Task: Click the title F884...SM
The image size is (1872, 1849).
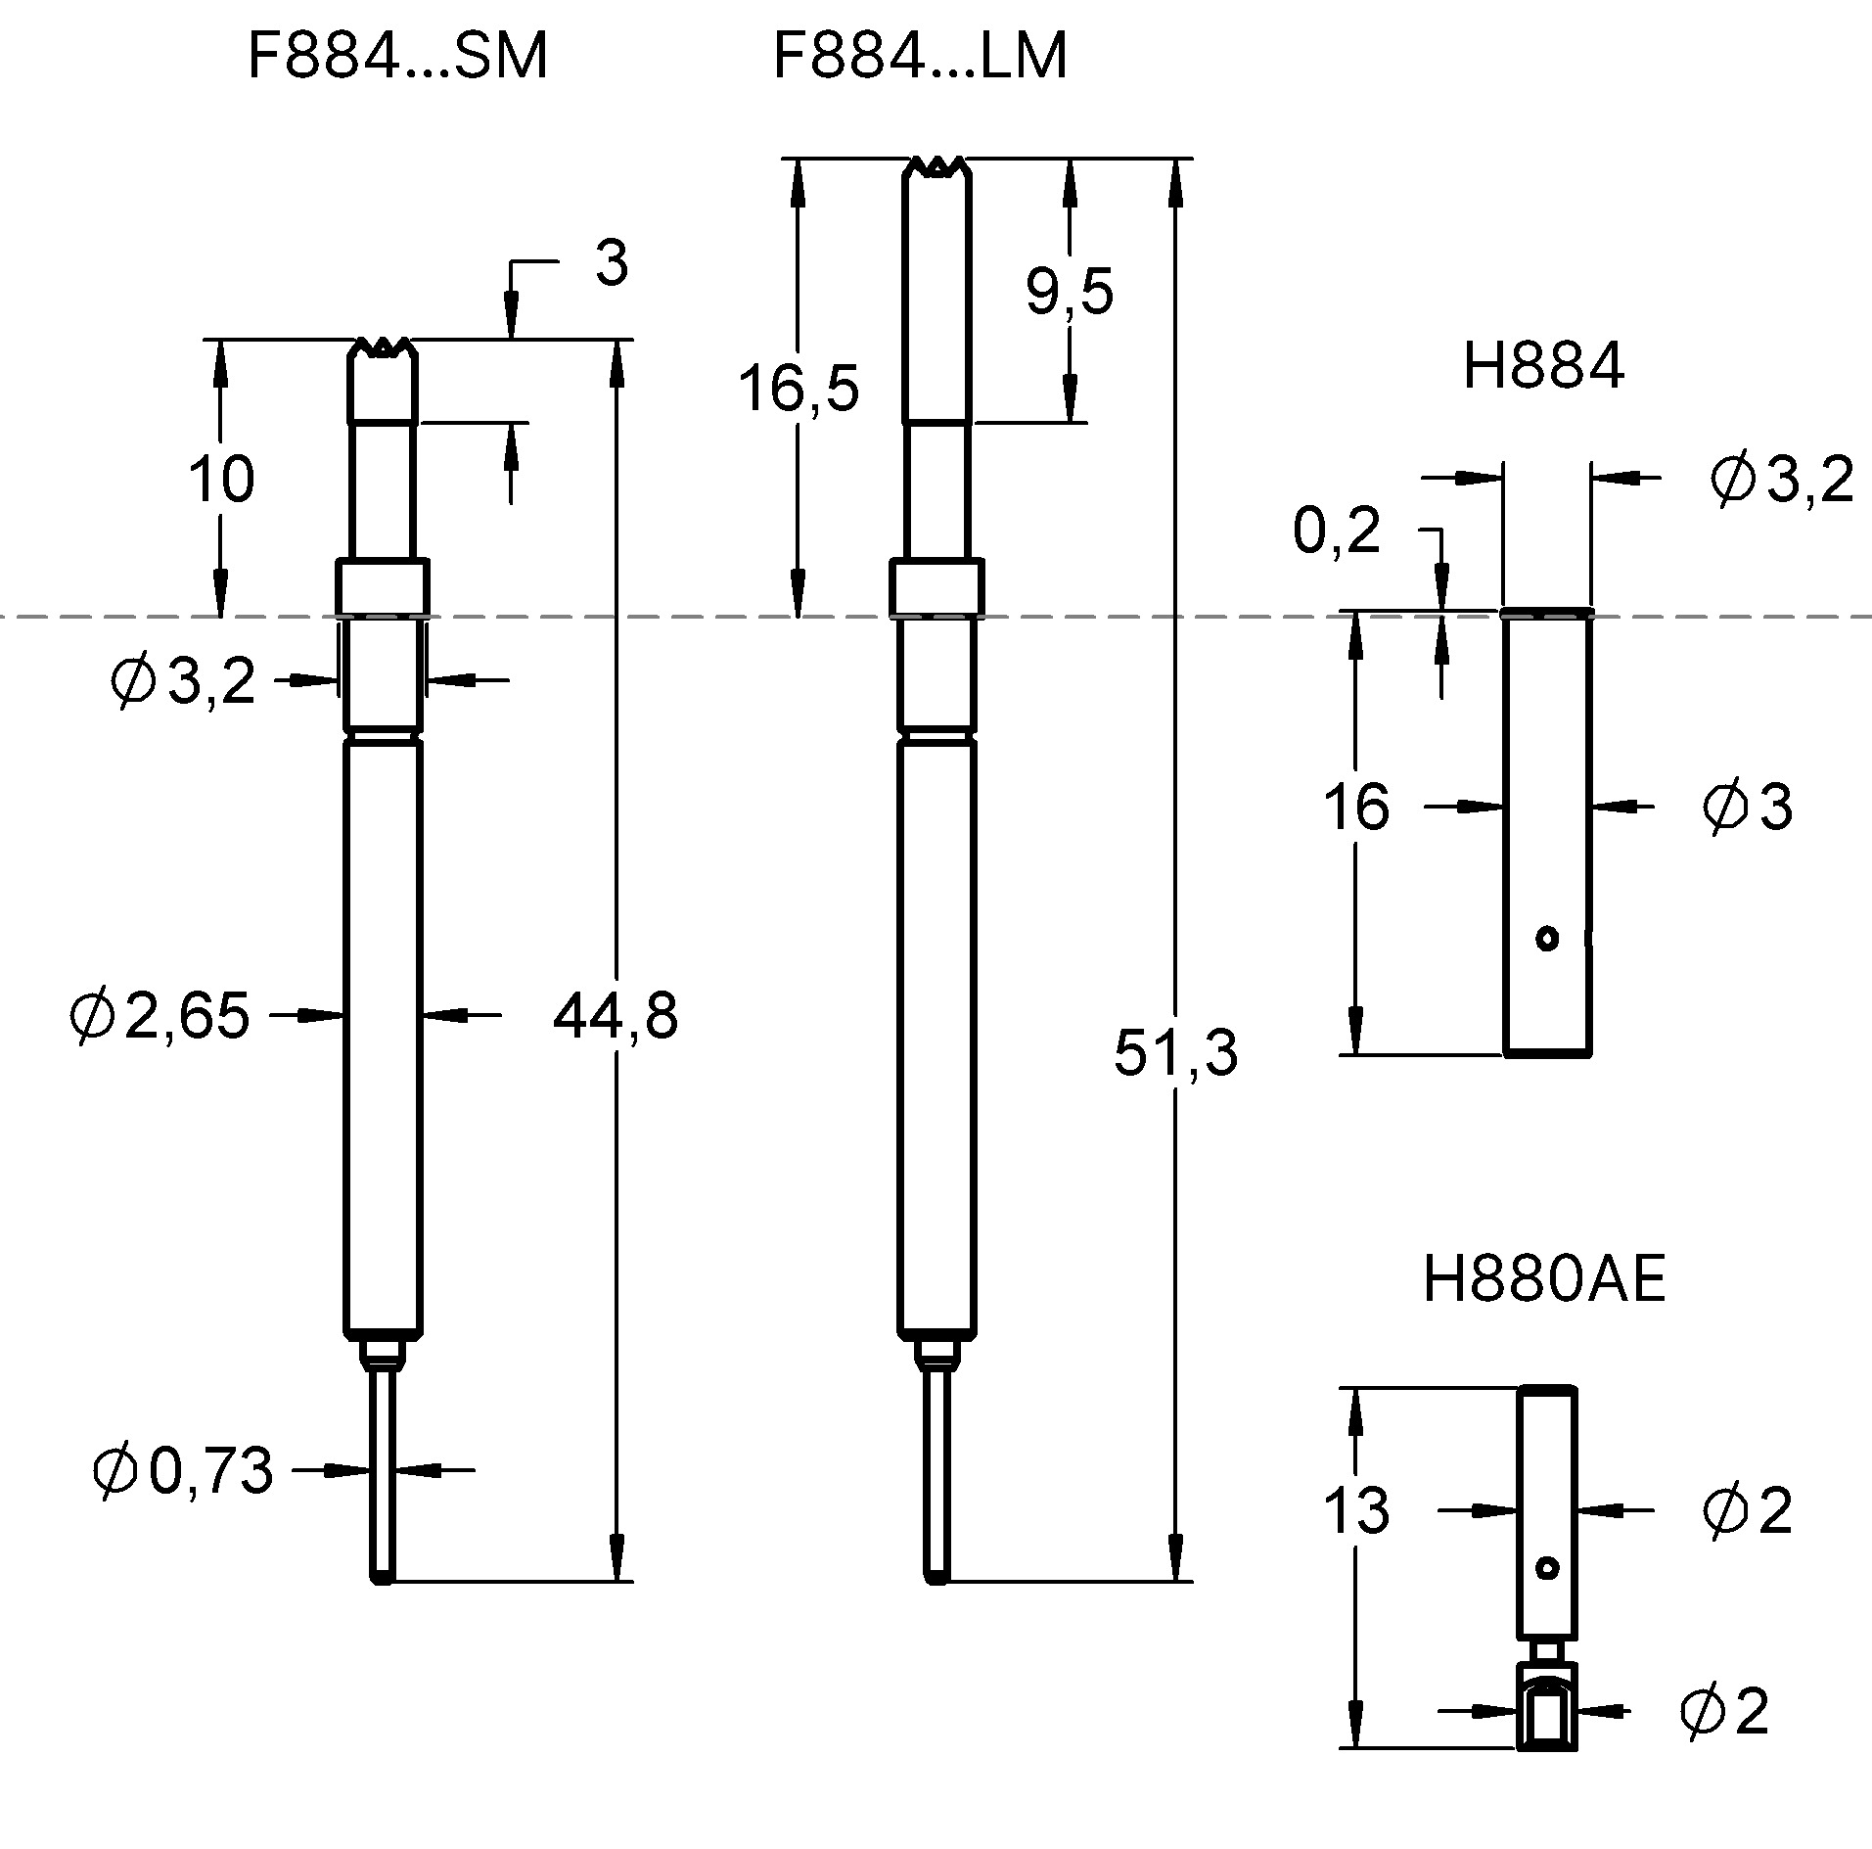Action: pos(396,57)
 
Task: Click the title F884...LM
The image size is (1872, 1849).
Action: pos(919,57)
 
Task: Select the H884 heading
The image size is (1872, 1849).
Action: pos(1542,367)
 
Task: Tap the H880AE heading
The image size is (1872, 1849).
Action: pos(1542,1279)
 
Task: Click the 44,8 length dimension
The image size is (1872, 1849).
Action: pos(615,1016)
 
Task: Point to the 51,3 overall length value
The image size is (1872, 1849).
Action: pos(1175,1053)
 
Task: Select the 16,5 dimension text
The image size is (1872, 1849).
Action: pos(798,388)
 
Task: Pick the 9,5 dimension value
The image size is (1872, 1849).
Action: pos(1069,292)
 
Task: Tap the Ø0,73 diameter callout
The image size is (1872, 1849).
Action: pos(182,1470)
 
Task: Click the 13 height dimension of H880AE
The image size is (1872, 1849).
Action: pos(1355,1510)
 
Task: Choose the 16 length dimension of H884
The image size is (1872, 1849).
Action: pos(1355,808)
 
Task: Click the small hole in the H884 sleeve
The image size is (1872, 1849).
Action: pos(1546,939)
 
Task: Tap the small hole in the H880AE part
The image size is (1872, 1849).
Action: pos(1546,1568)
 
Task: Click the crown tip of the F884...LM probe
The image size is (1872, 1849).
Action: pos(936,167)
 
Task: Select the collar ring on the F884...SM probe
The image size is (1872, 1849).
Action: pos(383,585)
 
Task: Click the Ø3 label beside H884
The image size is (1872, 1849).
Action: pos(1747,808)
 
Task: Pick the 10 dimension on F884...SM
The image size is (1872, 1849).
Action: pos(221,480)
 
